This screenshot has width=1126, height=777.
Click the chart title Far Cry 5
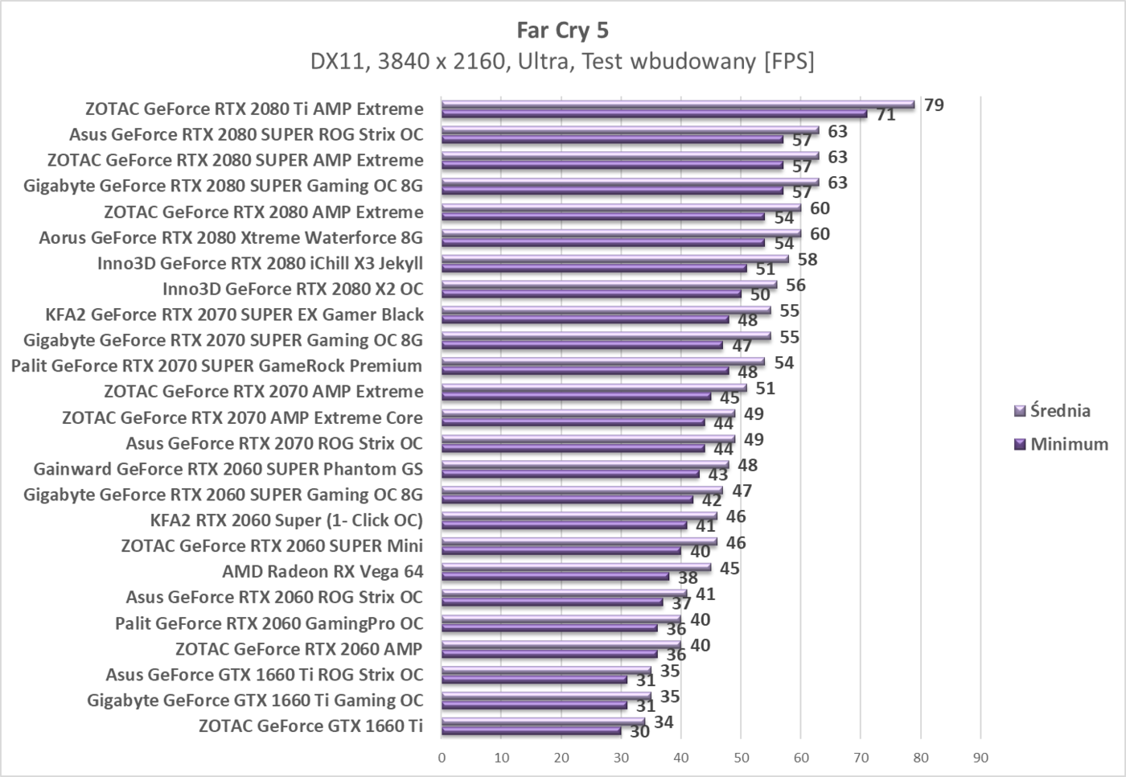(x=562, y=31)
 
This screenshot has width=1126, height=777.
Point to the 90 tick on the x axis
(x=980, y=758)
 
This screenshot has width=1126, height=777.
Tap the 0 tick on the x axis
(x=442, y=758)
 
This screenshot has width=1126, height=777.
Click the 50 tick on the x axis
(x=741, y=758)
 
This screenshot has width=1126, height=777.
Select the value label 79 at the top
(x=934, y=105)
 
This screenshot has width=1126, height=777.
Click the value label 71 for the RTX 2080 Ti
(x=886, y=115)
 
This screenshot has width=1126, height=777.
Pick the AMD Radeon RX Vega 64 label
(x=323, y=572)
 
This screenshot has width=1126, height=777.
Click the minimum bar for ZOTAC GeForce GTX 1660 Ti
(x=531, y=731)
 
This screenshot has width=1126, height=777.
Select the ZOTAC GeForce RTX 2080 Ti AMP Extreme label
(x=254, y=109)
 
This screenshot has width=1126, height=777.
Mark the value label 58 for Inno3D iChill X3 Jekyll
(x=808, y=259)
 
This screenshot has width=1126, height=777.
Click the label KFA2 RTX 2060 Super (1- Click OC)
(x=286, y=520)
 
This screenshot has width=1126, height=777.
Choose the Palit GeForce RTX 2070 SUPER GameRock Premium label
(x=216, y=366)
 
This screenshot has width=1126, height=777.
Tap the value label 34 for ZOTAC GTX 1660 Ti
(x=664, y=722)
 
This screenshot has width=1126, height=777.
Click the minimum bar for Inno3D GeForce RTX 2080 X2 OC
(x=591, y=294)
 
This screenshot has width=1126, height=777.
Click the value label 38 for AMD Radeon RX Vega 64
(x=688, y=578)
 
